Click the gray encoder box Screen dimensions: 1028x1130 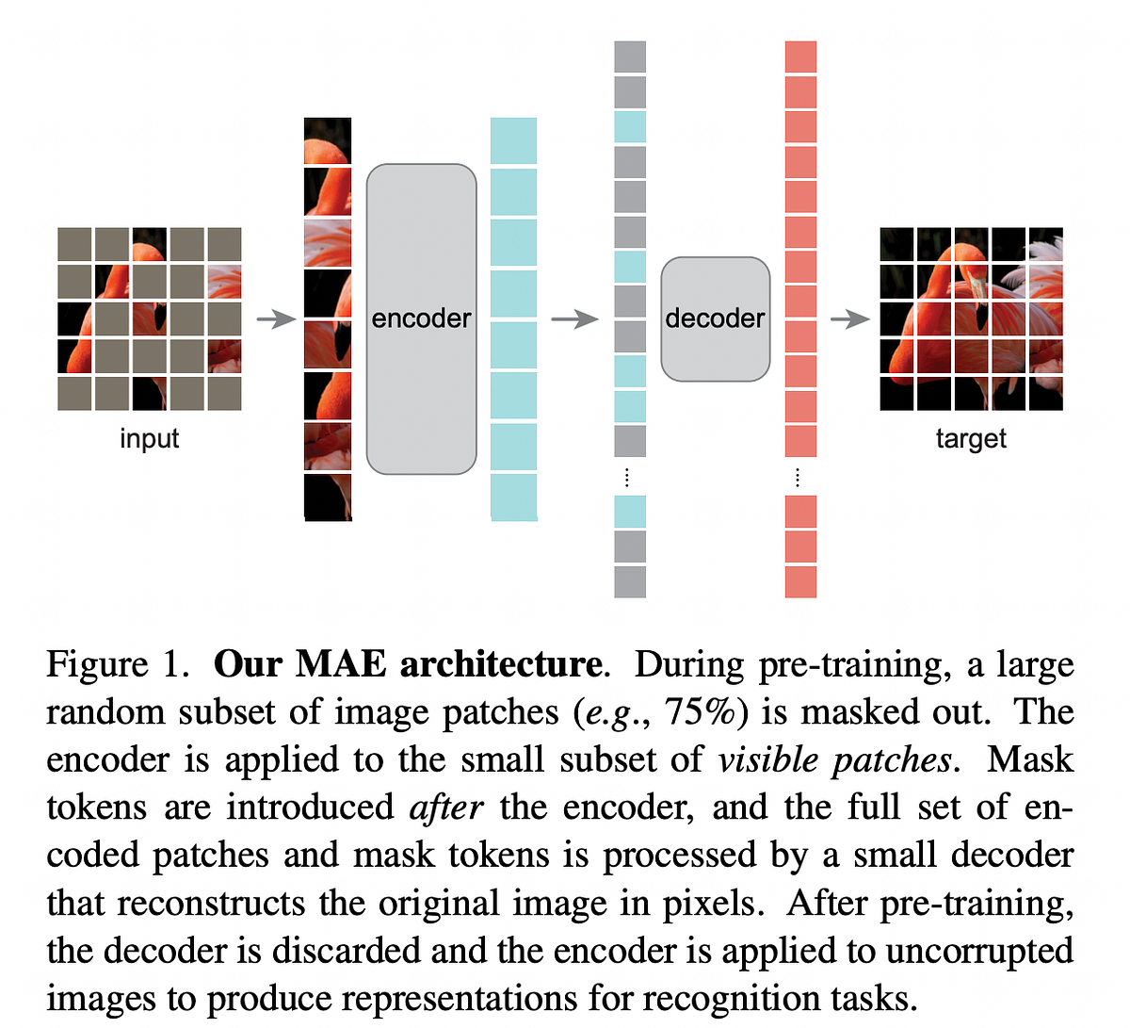421,318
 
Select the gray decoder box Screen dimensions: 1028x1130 715,318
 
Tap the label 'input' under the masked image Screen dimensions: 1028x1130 149,439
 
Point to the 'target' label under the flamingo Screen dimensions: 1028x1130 971,439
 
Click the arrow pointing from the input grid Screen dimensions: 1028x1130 276,319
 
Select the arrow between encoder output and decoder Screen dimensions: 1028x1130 573,319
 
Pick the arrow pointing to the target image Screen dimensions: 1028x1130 849,319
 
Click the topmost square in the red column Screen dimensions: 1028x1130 800,57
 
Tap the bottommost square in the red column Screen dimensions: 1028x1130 800,581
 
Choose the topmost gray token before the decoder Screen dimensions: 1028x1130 630,57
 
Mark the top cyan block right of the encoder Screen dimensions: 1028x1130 513,140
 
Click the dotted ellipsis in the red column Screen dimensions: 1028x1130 798,477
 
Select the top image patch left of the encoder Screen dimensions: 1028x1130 328,140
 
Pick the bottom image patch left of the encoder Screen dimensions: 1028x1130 328,497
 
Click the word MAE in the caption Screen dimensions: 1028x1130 340,664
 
